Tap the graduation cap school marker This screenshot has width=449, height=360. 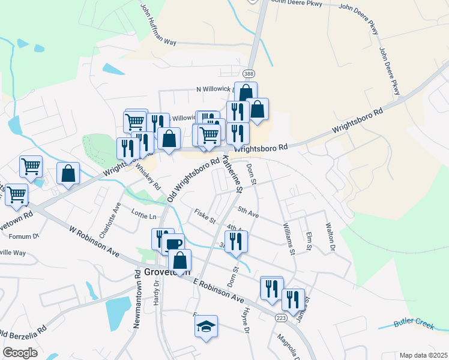click(x=206, y=326)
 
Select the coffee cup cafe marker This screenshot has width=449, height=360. click(x=173, y=244)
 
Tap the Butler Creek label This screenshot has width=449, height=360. click(x=414, y=325)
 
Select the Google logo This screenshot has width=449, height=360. click(x=20, y=352)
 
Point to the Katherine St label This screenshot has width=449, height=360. click(x=232, y=174)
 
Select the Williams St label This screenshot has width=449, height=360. click(x=289, y=239)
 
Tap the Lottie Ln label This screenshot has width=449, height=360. click(x=144, y=215)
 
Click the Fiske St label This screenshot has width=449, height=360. click(x=205, y=215)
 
